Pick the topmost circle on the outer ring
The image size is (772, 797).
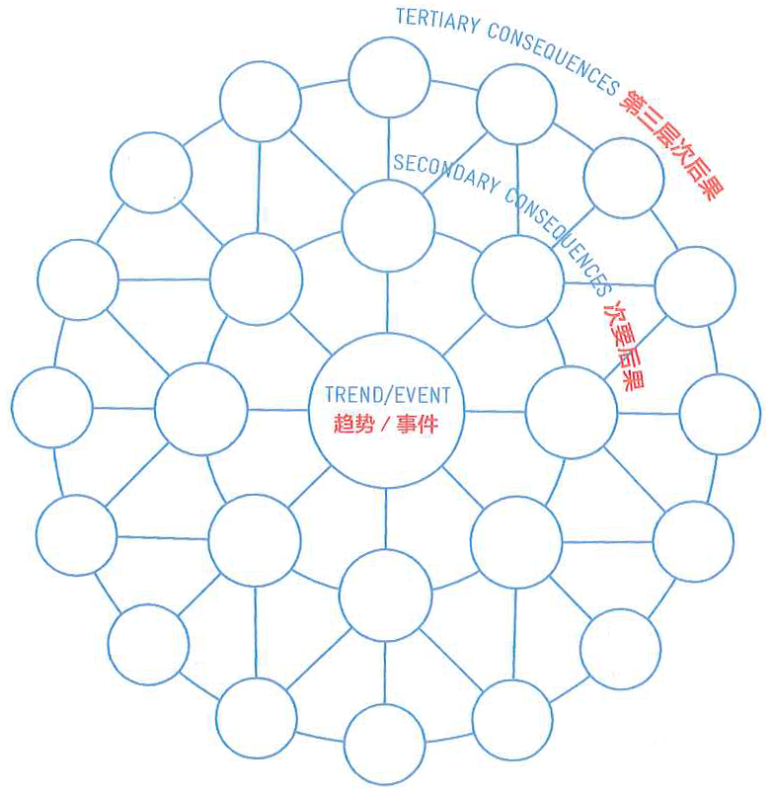point(390,77)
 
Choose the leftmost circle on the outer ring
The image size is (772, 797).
point(52,406)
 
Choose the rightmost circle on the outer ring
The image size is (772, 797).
point(720,414)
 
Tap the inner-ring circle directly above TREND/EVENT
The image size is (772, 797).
point(388,225)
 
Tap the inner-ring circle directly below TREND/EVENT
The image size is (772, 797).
point(385,596)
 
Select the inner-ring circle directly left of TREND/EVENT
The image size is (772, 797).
point(201,409)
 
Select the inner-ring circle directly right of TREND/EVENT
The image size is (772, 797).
point(572,412)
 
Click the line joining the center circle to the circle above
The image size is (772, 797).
point(387,301)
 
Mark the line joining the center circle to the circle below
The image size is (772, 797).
point(386,518)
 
